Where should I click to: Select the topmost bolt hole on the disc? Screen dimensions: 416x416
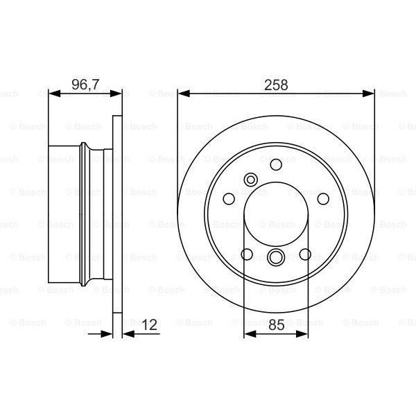point(276,165)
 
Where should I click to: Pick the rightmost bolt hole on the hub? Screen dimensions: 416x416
point(323,199)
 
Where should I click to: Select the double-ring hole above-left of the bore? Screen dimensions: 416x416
point(250,182)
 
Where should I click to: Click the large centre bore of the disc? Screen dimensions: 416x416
point(276,215)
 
